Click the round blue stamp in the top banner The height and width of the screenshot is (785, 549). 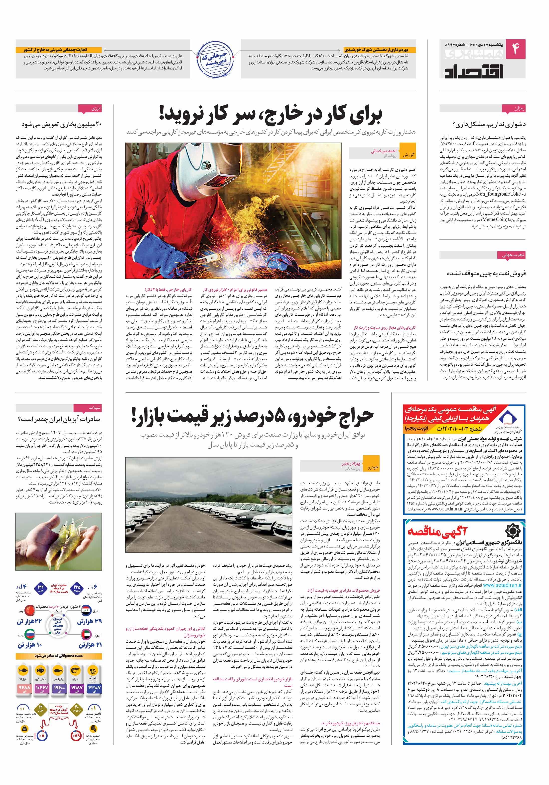click(215, 59)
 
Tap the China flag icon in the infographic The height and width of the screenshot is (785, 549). click(30, 611)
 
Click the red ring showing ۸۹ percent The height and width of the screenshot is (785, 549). click(76, 736)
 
